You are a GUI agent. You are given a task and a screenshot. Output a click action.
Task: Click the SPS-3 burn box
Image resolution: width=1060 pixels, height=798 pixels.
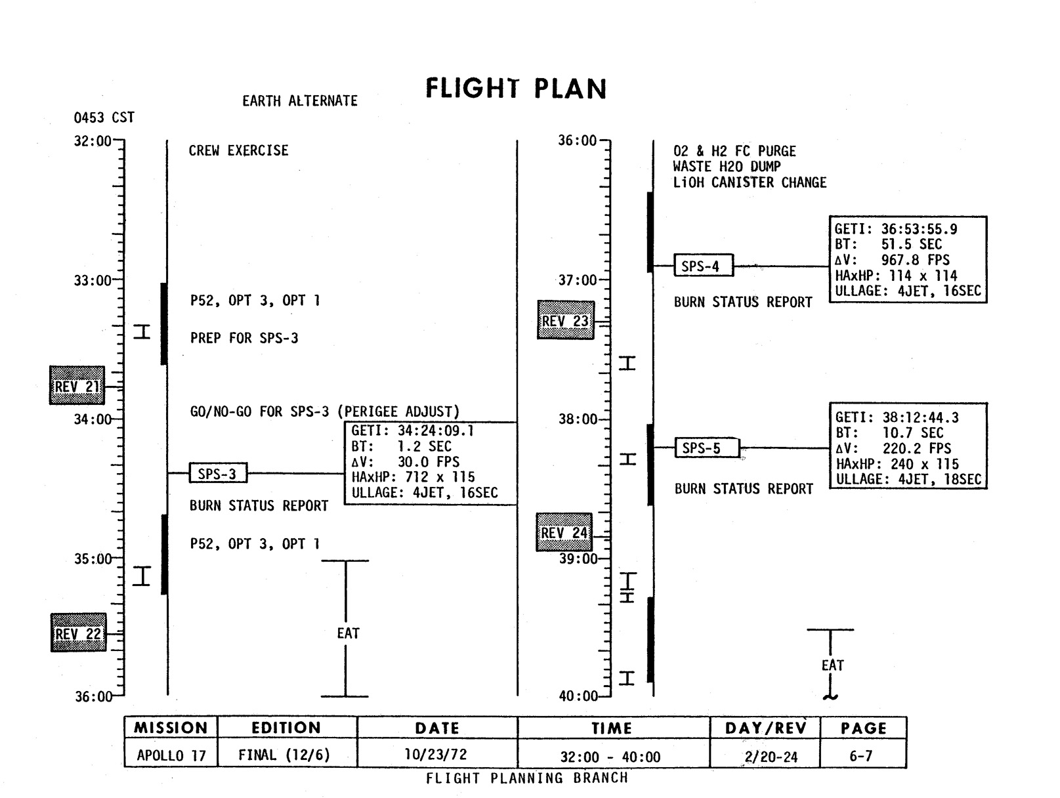point(218,473)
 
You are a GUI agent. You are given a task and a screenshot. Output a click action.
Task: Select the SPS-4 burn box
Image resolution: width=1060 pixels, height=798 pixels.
point(703,266)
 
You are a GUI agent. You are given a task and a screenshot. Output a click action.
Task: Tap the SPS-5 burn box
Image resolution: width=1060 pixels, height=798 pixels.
point(706,448)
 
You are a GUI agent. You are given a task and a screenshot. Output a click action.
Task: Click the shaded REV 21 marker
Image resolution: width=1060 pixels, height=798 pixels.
point(77,386)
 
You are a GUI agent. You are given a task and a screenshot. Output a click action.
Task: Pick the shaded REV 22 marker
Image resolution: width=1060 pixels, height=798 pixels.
point(79,633)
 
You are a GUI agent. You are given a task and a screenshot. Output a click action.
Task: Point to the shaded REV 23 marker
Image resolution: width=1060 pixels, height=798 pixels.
point(565,321)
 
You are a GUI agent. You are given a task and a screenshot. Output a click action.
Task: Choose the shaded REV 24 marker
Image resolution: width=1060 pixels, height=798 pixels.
point(564,532)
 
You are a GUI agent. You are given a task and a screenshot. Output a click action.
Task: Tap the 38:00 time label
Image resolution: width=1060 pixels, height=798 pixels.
point(578,419)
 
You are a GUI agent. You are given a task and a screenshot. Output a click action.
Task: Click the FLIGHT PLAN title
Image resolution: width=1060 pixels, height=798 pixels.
point(516,89)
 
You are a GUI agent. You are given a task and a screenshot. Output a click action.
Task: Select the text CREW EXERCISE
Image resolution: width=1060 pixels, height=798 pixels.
point(239,151)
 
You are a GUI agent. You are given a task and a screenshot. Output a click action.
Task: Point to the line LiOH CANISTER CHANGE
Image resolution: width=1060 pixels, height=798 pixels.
point(750,182)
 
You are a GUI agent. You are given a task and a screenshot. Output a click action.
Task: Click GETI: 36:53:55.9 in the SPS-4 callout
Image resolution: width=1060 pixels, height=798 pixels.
point(896,229)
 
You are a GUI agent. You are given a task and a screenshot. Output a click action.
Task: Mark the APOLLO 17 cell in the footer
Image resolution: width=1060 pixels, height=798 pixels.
point(171,756)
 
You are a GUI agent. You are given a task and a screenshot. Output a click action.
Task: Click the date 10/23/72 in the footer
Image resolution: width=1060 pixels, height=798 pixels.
point(436,755)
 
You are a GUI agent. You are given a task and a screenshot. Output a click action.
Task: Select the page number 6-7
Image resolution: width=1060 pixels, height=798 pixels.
point(861,756)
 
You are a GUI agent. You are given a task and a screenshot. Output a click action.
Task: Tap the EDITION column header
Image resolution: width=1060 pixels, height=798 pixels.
point(286,728)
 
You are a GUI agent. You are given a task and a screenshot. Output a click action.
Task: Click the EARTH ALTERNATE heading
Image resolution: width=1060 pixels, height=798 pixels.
point(300,101)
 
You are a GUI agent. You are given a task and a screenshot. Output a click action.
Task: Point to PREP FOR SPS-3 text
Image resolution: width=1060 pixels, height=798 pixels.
point(244,338)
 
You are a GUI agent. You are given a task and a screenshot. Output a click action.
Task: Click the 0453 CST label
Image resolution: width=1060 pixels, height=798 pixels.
point(104,117)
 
